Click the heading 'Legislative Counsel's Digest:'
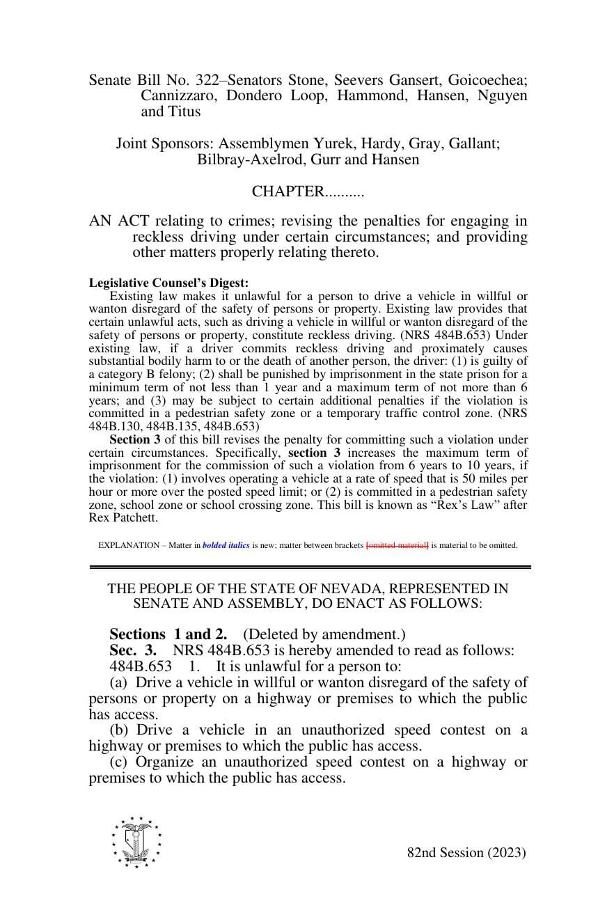click(168, 283)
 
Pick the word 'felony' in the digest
click(174, 374)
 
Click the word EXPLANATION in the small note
click(129, 545)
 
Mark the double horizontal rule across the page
click(310, 567)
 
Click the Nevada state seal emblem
click(136, 842)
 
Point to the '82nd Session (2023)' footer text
click(466, 853)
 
